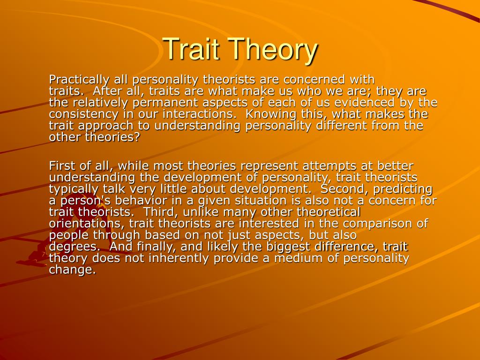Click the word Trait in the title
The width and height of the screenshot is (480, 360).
coord(192,49)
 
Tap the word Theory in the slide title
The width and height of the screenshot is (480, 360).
coord(272,50)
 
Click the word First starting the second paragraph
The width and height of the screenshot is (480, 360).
coord(62,166)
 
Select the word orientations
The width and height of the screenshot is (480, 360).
coord(87,224)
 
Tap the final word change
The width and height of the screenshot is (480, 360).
coord(72,270)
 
